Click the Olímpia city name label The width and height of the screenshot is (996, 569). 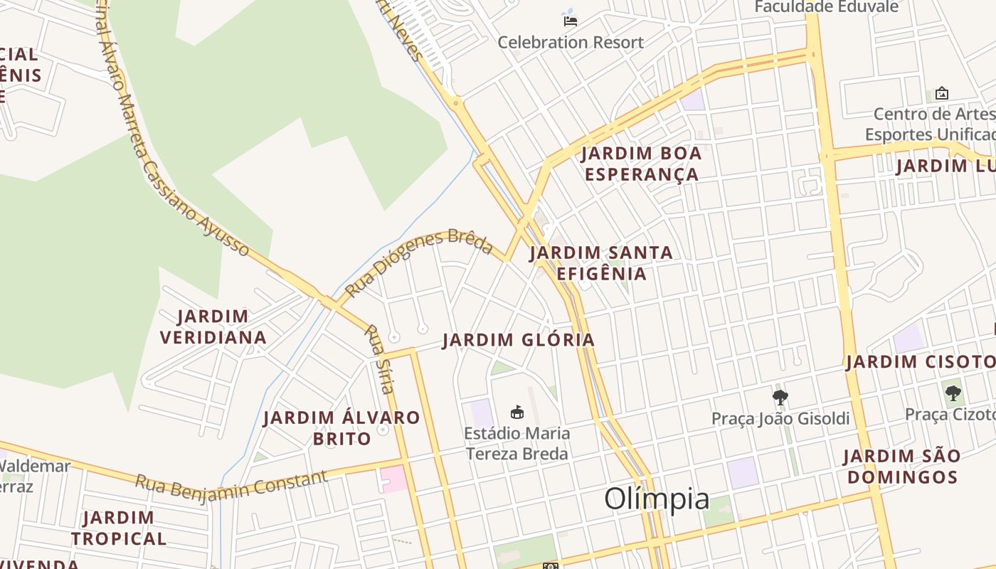click(657, 499)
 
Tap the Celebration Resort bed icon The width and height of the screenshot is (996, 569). click(570, 20)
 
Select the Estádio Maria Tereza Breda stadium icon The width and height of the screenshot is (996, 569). click(517, 412)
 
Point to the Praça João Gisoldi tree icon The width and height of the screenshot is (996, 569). click(780, 397)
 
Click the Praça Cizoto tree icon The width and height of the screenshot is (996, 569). click(953, 392)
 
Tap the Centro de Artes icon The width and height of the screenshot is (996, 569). click(942, 93)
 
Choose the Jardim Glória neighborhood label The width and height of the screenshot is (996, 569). click(518, 340)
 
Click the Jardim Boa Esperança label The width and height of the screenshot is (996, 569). click(641, 164)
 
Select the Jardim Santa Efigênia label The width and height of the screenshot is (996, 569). click(601, 263)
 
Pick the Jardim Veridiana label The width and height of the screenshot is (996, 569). click(213, 326)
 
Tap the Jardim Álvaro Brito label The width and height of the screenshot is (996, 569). click(341, 427)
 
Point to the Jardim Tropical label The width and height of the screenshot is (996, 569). click(119, 528)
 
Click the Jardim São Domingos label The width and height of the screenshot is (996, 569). click(902, 466)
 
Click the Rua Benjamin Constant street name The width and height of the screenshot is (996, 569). click(231, 483)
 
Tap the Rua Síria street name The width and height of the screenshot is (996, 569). click(379, 358)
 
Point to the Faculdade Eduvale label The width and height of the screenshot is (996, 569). click(827, 7)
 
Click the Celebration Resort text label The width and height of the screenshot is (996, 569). click(571, 42)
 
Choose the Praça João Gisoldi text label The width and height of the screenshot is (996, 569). click(780, 418)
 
